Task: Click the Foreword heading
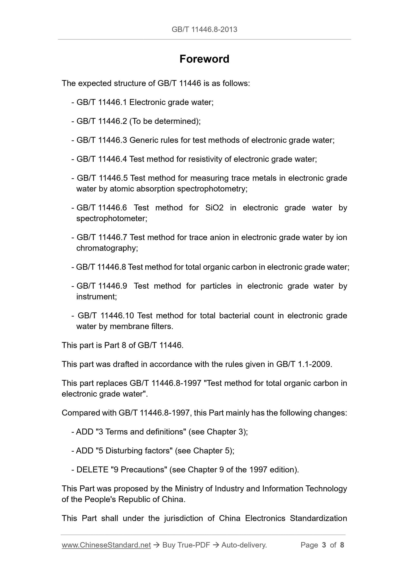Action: point(204,59)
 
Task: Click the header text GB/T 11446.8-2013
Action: point(204,29)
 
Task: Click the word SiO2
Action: point(214,208)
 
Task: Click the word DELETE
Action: point(92,469)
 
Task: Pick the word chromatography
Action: point(107,248)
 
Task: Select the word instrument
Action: point(96,297)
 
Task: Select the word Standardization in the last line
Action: point(318,518)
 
